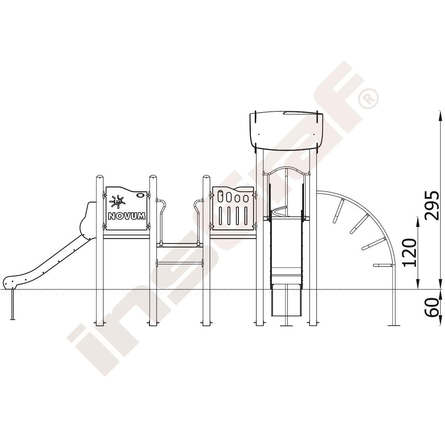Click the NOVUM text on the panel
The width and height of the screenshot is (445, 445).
pyautogui.click(x=127, y=216)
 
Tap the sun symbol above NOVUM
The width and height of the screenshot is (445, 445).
pyautogui.click(x=117, y=202)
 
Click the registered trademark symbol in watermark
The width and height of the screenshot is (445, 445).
pyautogui.click(x=368, y=98)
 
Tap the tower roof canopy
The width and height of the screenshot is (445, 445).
pyautogui.click(x=286, y=130)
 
